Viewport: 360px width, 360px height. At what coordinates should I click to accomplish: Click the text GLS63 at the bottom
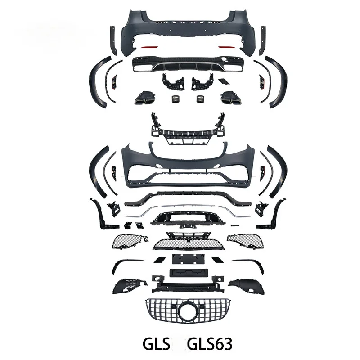point(210,344)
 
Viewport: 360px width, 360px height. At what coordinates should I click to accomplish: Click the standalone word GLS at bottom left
point(156,344)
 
